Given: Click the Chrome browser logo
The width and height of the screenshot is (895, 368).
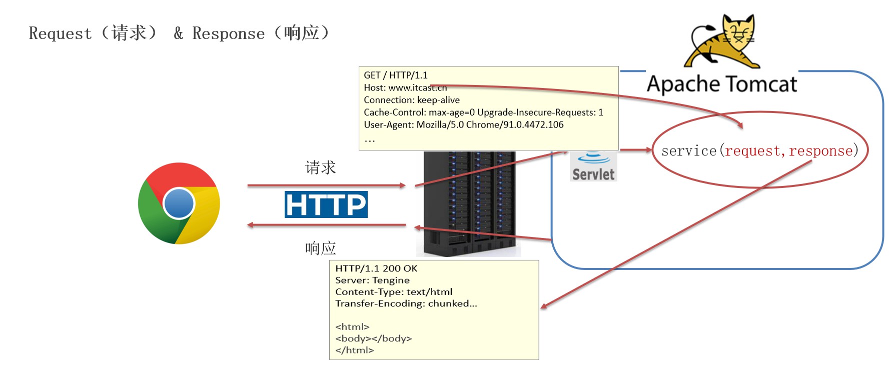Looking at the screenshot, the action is [179, 203].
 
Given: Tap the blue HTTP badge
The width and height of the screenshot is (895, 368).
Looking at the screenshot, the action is [326, 204].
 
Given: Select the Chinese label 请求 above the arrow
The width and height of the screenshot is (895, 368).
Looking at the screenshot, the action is [321, 167].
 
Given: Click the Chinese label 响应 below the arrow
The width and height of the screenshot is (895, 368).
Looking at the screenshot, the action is [321, 248].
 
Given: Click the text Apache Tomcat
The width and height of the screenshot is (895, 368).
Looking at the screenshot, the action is [722, 84].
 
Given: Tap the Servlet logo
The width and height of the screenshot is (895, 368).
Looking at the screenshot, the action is [593, 166].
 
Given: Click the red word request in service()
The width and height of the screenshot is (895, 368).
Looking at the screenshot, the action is [752, 150].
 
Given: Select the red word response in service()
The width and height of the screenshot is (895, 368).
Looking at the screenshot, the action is [821, 150].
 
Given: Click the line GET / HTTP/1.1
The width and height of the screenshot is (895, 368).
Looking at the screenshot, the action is [396, 75].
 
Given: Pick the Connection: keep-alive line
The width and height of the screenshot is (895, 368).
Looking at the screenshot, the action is [412, 100].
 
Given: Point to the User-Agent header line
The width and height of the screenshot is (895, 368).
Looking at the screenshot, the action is [464, 124].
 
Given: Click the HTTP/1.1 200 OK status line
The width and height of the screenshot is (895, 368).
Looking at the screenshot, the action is [376, 268].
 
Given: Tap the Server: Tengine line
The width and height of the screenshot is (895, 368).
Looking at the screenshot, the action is [372, 280].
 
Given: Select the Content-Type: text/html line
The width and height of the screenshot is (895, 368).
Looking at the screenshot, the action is [394, 291].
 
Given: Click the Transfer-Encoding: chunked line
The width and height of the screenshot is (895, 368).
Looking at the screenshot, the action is [406, 303].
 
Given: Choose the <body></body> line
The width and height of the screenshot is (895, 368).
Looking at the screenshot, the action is [374, 338].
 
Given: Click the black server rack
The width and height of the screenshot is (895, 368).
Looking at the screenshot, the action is [469, 203].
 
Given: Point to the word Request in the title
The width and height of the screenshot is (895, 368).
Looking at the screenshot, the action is [61, 33].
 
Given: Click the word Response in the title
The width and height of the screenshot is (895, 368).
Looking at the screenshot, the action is [229, 33].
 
